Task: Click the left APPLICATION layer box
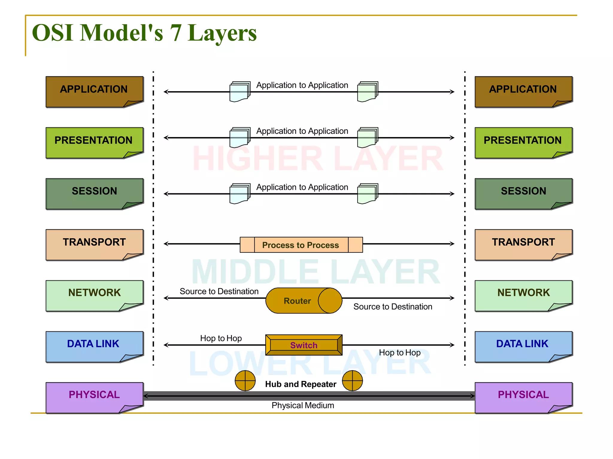pos(94,91)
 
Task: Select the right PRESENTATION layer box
pos(523,143)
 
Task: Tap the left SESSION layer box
pos(94,193)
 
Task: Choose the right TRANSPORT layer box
pos(523,244)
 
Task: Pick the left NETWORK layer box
pos(94,295)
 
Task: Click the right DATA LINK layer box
pos(523,346)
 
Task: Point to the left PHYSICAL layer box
pos(94,397)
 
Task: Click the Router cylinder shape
pos(304,301)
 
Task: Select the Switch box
pos(304,345)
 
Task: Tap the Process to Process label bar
pos(301,245)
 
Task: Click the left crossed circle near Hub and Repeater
pos(245,381)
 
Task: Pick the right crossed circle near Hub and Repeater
pos(352,381)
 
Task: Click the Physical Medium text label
pos(303,406)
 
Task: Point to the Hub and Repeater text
pos(301,384)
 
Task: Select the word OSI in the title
pos(53,33)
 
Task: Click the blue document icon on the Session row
pos(239,194)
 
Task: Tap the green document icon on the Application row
pos(368,92)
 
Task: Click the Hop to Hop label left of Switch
pos(221,338)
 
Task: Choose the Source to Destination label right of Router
pos(393,307)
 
